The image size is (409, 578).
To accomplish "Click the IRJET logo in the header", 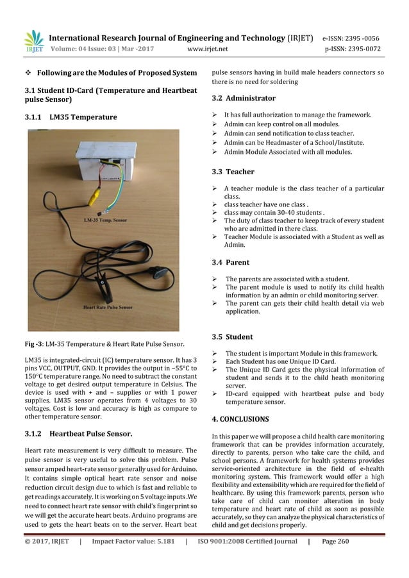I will [x=33, y=41].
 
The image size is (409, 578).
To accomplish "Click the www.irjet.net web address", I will [x=210, y=47].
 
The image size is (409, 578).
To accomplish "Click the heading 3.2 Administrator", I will [x=244, y=99].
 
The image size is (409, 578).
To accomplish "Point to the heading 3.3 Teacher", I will [x=233, y=172].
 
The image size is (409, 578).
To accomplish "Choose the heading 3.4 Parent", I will [x=231, y=263].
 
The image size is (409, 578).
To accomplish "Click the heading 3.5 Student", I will [x=232, y=337].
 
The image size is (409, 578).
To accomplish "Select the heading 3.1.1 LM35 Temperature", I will [x=71, y=117].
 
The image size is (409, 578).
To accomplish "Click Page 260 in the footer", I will [x=335, y=559].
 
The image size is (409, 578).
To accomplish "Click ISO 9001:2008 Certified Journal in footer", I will [x=246, y=559].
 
